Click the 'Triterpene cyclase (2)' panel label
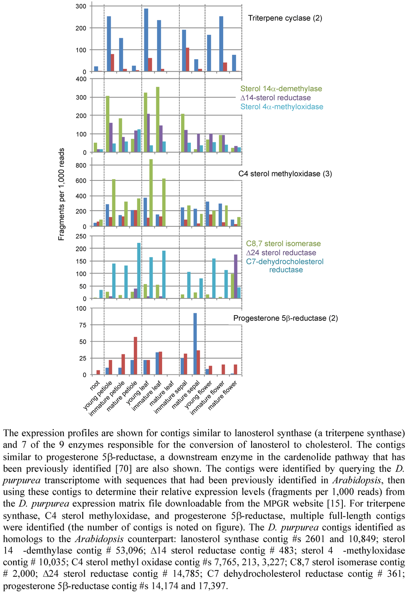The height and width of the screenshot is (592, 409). tap(285, 18)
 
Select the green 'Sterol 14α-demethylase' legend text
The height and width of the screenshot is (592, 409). tap(281, 89)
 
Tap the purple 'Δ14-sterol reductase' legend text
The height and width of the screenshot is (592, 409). tap(275, 98)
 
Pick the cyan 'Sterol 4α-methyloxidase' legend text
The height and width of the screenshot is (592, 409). tap(282, 107)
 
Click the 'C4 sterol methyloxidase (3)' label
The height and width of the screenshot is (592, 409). tap(285, 174)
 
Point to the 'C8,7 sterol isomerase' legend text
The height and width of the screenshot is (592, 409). tap(283, 244)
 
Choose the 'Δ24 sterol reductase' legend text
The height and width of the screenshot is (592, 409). tap(281, 253)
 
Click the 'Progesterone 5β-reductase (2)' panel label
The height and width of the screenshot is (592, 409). tap(285, 318)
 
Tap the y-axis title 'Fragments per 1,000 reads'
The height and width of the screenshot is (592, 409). tap(61, 194)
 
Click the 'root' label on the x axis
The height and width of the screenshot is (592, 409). tap(95, 385)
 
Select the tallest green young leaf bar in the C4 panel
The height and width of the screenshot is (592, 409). tap(151, 193)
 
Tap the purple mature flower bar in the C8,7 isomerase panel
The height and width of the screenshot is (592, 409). tap(236, 276)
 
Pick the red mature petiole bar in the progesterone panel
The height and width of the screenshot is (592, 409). tap(135, 356)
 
